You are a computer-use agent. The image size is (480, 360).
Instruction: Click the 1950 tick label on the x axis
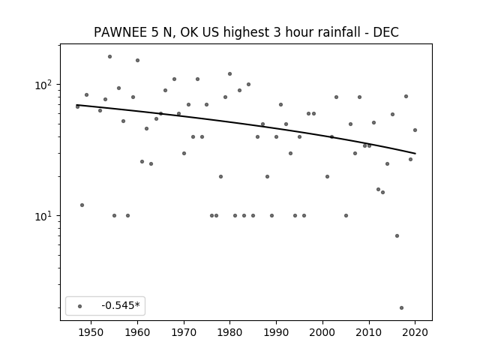click(91, 332)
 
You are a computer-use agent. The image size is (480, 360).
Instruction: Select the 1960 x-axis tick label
click(137, 332)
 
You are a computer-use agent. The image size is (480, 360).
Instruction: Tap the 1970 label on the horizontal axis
click(184, 332)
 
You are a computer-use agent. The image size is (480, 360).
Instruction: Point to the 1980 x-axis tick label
click(230, 332)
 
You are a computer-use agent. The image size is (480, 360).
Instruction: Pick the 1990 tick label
click(276, 332)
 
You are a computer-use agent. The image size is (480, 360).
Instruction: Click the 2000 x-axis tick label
click(322, 332)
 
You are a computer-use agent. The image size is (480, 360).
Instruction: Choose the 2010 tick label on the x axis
click(369, 332)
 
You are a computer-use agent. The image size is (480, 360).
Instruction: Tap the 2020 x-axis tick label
click(415, 332)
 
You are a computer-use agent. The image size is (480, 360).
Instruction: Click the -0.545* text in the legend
click(121, 305)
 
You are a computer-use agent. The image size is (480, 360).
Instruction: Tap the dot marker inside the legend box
click(80, 306)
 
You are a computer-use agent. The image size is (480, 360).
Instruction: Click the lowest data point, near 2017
click(401, 307)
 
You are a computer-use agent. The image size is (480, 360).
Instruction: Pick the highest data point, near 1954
click(109, 57)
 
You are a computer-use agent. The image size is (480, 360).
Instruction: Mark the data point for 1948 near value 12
click(82, 205)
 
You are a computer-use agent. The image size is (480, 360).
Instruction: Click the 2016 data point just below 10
click(397, 235)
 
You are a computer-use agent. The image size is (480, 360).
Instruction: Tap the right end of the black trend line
click(415, 153)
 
